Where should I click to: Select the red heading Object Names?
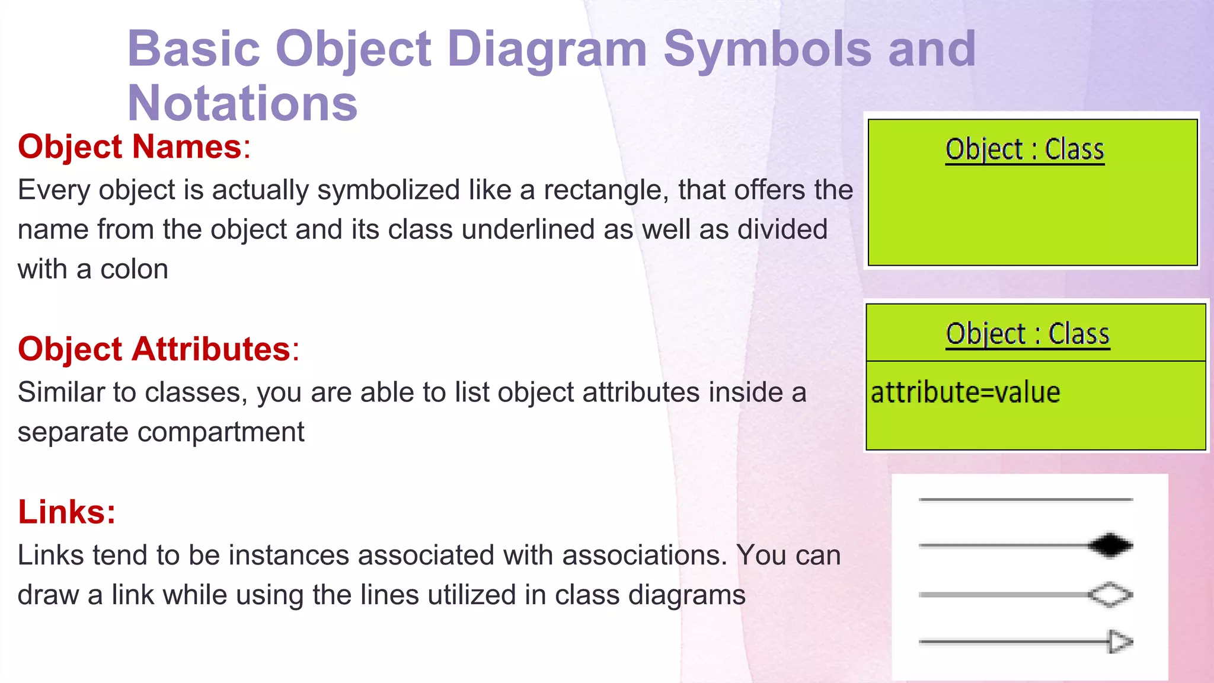point(130,146)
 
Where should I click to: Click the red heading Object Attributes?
point(154,349)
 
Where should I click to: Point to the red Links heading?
point(66,512)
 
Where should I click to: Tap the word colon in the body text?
point(134,270)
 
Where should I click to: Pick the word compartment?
point(221,432)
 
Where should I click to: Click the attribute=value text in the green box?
point(965,392)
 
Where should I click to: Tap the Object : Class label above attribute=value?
point(1027,334)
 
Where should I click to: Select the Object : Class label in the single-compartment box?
point(1025,149)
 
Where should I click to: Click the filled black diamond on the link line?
point(1110,545)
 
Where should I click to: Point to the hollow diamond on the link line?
point(1110,595)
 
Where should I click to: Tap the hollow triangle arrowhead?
point(1120,641)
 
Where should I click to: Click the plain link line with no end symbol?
point(1025,500)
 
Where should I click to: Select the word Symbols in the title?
point(767,50)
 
